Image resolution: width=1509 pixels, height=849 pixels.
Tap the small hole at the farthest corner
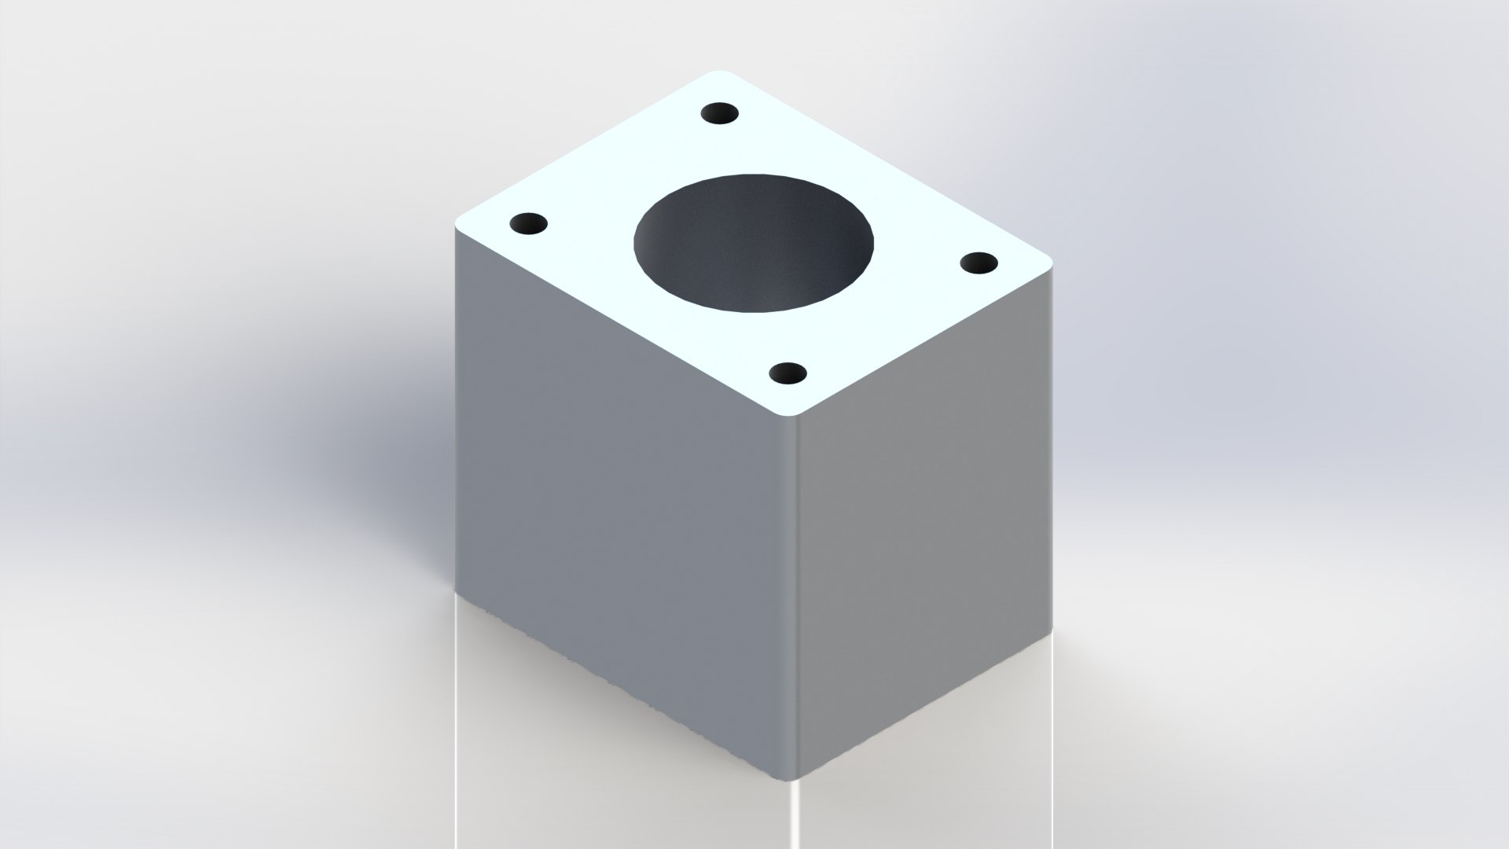pyautogui.click(x=720, y=114)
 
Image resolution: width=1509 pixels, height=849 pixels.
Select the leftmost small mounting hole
pyautogui.click(x=528, y=224)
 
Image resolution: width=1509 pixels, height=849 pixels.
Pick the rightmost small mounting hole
pyautogui.click(x=978, y=263)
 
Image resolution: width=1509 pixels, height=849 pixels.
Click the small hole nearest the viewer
pyautogui.click(x=788, y=373)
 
